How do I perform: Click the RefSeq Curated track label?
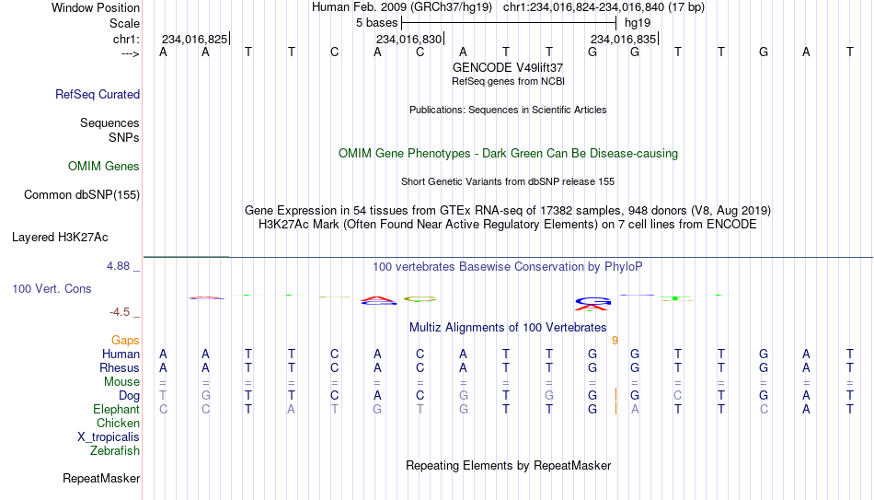(x=98, y=94)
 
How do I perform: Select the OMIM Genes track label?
(x=104, y=167)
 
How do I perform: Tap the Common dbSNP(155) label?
(x=82, y=195)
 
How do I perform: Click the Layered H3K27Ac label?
(x=60, y=238)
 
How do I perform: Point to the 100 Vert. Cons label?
(x=52, y=288)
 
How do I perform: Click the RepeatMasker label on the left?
(x=101, y=478)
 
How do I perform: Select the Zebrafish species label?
(x=115, y=450)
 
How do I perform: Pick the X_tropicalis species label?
(x=109, y=437)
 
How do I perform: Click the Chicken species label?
(x=118, y=423)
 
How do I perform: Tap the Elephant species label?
(x=117, y=409)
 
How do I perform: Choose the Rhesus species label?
(x=120, y=367)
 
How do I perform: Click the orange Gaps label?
(x=125, y=341)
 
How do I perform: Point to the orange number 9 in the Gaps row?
(x=615, y=341)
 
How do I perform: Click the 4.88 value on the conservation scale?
(x=118, y=266)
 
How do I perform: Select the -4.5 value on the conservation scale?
(x=120, y=312)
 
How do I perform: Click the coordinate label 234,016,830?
(x=408, y=39)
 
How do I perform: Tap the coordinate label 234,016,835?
(x=623, y=39)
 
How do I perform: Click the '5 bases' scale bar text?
(x=377, y=23)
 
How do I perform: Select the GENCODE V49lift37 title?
(x=508, y=67)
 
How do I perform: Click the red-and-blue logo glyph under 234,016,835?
(x=593, y=304)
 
